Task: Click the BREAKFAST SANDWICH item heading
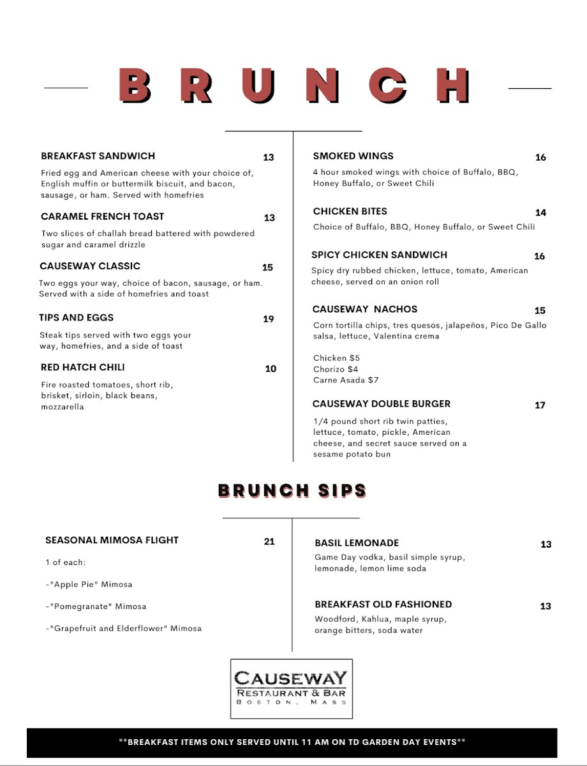click(98, 156)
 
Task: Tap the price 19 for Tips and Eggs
click(269, 319)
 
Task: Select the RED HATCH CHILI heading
click(82, 367)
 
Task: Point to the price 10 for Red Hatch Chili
click(271, 368)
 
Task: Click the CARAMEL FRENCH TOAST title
click(102, 216)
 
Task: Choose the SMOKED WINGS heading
click(353, 156)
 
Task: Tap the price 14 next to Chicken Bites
click(540, 213)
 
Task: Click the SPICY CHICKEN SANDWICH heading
click(379, 255)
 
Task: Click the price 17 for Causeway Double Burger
click(540, 405)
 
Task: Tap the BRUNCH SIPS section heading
click(292, 491)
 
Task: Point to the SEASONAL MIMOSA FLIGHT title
click(112, 540)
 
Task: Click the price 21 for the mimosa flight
click(269, 541)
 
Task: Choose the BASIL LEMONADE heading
click(356, 543)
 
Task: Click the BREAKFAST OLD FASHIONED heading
click(383, 604)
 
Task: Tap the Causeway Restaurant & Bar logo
click(291, 688)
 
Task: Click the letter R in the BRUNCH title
click(196, 86)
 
